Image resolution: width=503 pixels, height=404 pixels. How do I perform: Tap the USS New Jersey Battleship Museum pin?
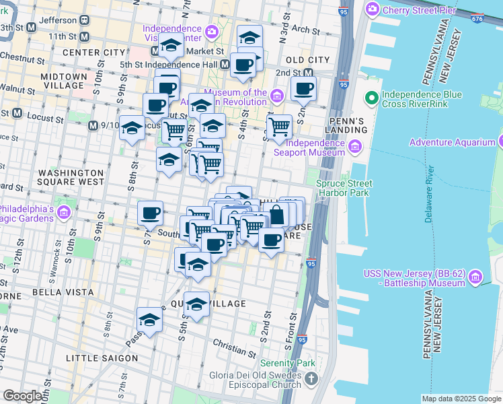point(475,277)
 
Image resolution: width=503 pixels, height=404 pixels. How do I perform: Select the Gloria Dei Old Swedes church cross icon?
point(310,380)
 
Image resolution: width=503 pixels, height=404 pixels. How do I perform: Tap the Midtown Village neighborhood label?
point(64,81)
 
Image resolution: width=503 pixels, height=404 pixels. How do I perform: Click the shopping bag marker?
point(276,215)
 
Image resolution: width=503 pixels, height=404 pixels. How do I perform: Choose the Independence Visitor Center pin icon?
point(212,31)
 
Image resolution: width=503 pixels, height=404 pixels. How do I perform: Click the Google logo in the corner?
point(23,396)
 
